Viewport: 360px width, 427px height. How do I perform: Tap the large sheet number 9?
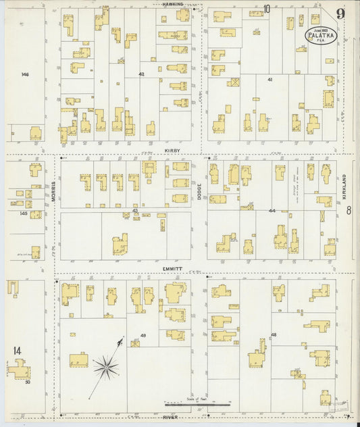tap(340, 14)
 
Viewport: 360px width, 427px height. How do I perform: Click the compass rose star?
tap(106, 368)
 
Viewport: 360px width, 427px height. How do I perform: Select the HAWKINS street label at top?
tap(173, 4)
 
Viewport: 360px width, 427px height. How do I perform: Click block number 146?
tap(25, 74)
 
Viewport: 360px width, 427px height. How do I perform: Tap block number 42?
tap(141, 74)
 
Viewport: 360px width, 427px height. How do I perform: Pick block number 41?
tap(269, 80)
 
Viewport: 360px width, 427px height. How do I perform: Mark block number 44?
tap(272, 211)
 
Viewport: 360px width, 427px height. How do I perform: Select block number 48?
tap(274, 334)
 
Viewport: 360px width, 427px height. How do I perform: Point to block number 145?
tap(24, 214)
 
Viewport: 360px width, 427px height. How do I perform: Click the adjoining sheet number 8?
tap(349, 211)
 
